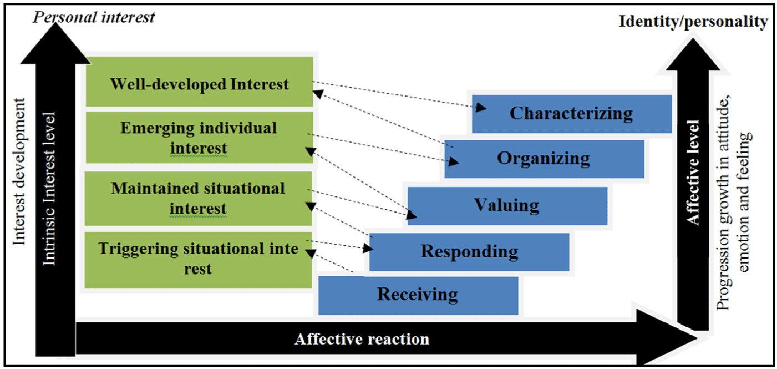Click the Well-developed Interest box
click(200, 82)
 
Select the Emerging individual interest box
click(200, 138)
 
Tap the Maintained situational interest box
click(199, 199)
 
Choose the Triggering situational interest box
click(199, 260)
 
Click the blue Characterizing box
click(572, 114)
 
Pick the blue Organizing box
click(544, 159)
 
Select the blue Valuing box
click(507, 206)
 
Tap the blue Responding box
click(469, 252)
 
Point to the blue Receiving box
click(418, 296)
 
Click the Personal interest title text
click(94, 17)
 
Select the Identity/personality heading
click(693, 22)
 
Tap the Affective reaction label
click(362, 339)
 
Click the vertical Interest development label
click(19, 171)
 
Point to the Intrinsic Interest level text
click(49, 189)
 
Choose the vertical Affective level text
click(693, 173)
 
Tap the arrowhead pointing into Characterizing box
click(481, 108)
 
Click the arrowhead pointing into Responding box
click(368, 248)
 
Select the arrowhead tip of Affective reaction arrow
click(697, 339)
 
